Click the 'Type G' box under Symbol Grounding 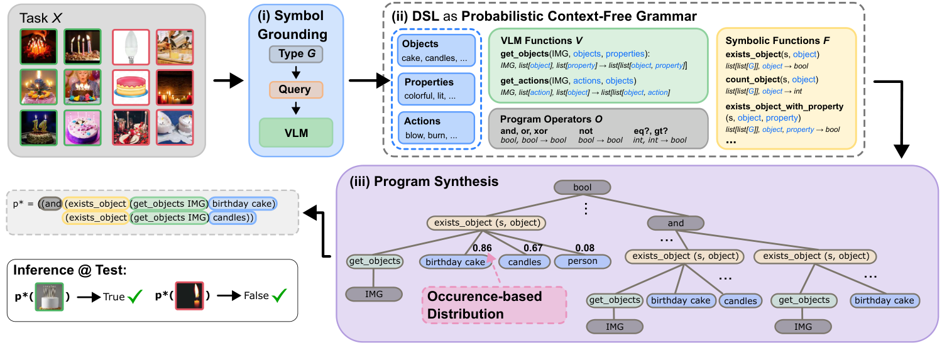[x=295, y=55]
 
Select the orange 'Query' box [x=295, y=89]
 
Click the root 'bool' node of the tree [x=581, y=187]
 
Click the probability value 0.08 [x=584, y=248]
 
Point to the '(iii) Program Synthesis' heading [x=420, y=181]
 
